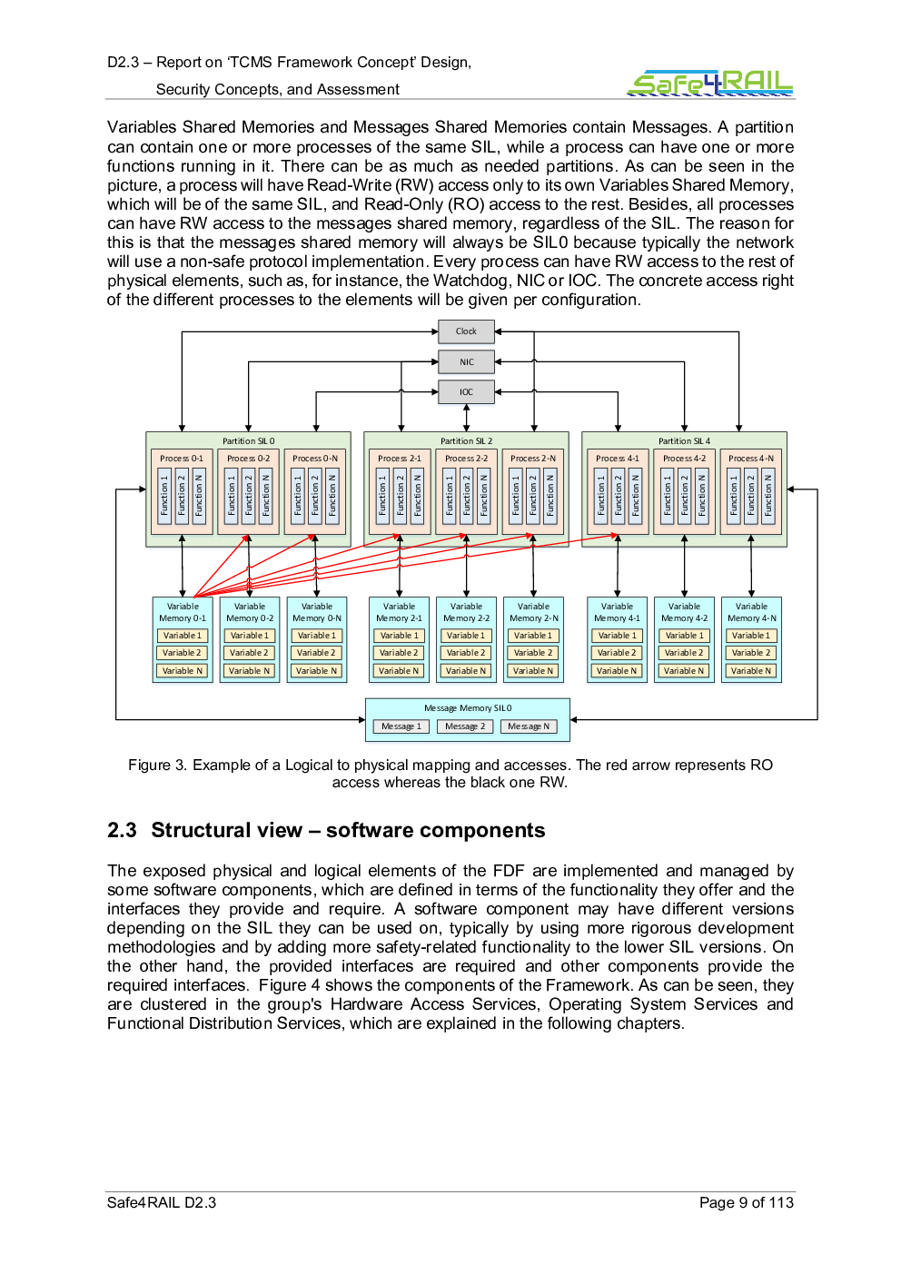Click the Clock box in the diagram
tap(466, 331)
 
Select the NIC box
tap(466, 361)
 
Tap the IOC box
tap(466, 392)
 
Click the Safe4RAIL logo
tap(710, 83)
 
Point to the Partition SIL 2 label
tap(467, 440)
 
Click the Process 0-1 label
tap(182, 458)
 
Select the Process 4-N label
tap(751, 458)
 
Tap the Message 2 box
tap(465, 726)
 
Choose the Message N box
tap(529, 726)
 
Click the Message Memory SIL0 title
tap(468, 708)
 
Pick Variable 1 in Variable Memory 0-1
tap(182, 636)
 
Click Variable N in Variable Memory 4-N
tap(751, 670)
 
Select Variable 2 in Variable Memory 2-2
tap(466, 653)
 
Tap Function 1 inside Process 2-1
tap(382, 496)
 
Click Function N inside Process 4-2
tap(701, 496)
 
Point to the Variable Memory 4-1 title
tap(617, 612)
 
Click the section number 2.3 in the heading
tap(122, 830)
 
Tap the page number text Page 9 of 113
tap(747, 1202)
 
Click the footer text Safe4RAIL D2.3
tap(162, 1202)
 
